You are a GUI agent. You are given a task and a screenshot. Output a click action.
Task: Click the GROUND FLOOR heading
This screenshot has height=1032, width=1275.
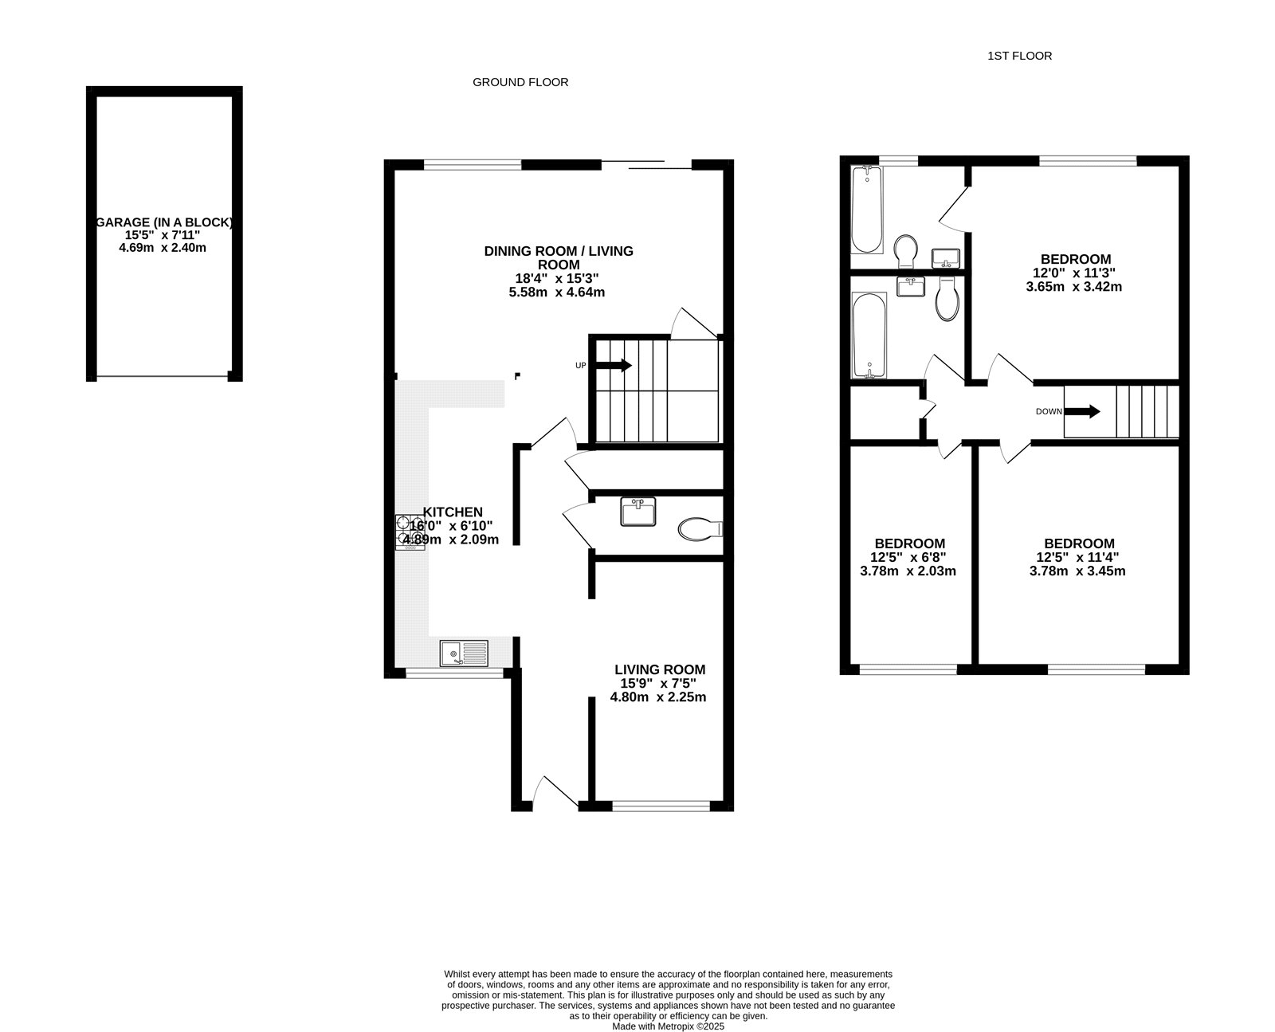[520, 82]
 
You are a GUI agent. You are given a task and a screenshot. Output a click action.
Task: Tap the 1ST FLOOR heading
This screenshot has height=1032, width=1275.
[1019, 56]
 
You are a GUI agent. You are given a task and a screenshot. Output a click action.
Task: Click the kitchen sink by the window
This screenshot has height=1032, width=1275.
[464, 653]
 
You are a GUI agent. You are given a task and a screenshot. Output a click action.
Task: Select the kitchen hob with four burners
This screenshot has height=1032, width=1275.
[410, 532]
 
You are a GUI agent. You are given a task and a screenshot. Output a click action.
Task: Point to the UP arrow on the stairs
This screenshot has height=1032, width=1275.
[614, 365]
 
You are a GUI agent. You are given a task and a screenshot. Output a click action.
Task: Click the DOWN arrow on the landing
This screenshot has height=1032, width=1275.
[1082, 411]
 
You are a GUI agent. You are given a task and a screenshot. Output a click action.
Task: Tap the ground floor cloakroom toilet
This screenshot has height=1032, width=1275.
[700, 529]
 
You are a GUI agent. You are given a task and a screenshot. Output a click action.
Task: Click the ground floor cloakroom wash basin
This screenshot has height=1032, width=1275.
[638, 511]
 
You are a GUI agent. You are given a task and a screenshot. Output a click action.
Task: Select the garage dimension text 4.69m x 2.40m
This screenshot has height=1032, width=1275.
[163, 248]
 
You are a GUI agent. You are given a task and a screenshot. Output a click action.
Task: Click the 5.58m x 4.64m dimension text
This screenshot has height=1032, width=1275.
[557, 292]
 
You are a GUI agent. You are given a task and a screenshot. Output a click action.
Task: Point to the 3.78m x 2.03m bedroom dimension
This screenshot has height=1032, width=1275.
[908, 571]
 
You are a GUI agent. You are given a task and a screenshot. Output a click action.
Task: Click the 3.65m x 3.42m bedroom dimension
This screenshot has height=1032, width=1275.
[1074, 287]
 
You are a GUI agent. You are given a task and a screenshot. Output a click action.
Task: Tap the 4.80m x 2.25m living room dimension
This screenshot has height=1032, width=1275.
[658, 697]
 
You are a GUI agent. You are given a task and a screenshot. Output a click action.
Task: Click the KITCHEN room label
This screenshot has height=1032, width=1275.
[453, 512]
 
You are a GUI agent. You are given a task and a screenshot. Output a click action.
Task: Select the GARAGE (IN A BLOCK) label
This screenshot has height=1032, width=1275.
[164, 222]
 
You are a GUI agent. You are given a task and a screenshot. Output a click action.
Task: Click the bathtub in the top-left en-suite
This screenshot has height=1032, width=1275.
[867, 210]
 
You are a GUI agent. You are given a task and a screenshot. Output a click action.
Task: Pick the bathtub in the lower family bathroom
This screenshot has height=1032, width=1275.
[869, 335]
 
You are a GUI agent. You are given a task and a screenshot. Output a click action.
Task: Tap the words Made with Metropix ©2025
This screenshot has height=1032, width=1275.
[668, 1026]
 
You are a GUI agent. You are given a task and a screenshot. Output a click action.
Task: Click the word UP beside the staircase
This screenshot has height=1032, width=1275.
[581, 366]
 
